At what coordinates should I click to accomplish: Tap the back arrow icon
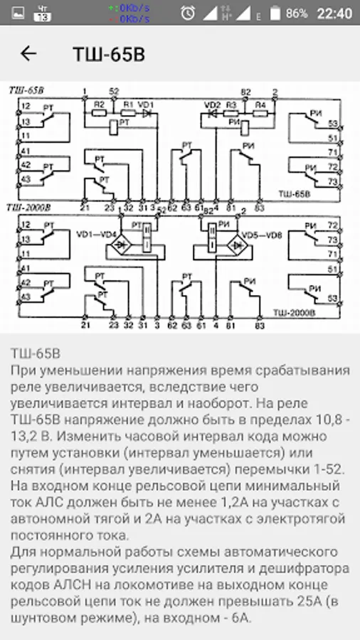point(28,54)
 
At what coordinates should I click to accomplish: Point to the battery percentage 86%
point(296,14)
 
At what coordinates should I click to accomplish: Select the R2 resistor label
point(99,104)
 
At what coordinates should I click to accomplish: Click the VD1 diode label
point(146,104)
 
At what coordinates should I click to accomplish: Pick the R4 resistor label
point(260,105)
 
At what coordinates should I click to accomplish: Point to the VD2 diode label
point(212,105)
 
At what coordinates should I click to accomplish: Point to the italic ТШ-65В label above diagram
point(26,90)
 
